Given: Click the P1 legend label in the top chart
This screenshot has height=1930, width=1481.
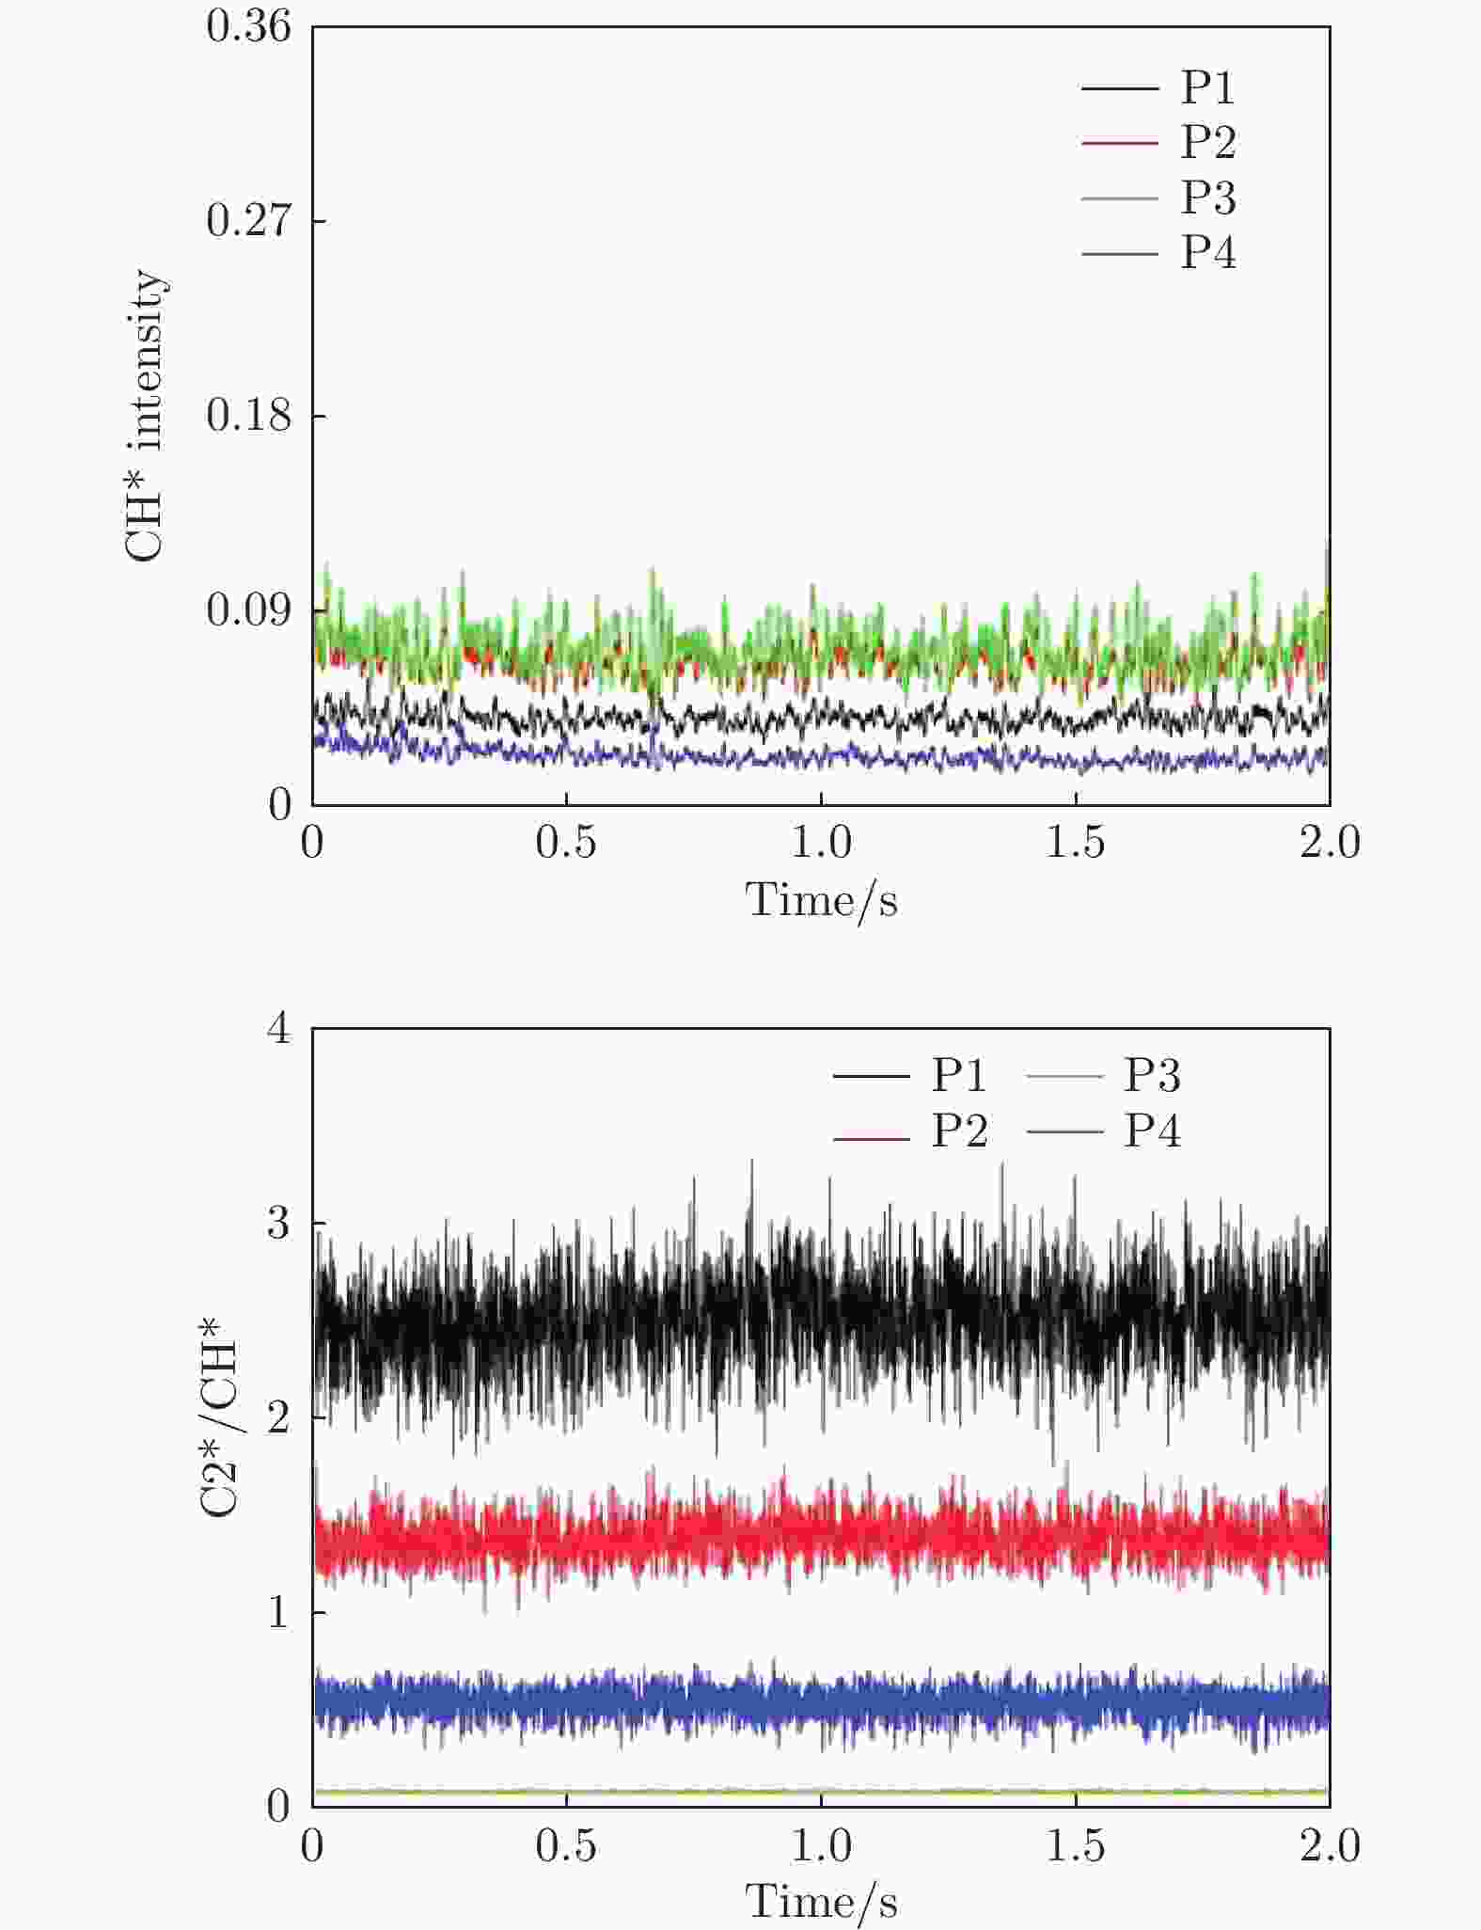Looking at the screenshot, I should [x=1208, y=87].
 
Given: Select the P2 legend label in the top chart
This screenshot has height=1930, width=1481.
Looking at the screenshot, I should [x=1208, y=142].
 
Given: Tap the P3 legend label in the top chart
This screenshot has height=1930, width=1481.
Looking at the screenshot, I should [x=1208, y=198].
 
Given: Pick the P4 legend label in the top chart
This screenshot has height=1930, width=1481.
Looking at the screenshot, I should [x=1208, y=252].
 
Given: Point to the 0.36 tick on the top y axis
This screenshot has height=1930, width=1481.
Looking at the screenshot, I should [x=249, y=26].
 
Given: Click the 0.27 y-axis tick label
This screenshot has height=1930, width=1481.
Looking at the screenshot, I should [x=249, y=221].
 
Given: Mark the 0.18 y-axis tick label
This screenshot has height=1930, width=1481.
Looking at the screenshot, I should [x=249, y=416].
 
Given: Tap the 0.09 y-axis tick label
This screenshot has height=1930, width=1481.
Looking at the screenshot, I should [x=249, y=610].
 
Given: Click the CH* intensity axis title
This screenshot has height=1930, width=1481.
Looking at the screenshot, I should [x=145, y=416].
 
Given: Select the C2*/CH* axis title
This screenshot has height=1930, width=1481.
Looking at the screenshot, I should [x=220, y=1418].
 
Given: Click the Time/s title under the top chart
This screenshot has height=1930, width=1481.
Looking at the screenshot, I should [x=821, y=900].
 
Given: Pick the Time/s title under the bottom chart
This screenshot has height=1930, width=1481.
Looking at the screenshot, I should [x=821, y=1902].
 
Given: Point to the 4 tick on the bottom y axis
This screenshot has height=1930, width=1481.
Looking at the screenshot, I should [x=279, y=1029].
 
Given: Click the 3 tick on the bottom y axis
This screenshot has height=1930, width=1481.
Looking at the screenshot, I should [x=279, y=1224].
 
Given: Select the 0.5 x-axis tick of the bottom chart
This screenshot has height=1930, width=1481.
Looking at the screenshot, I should [x=566, y=1846].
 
